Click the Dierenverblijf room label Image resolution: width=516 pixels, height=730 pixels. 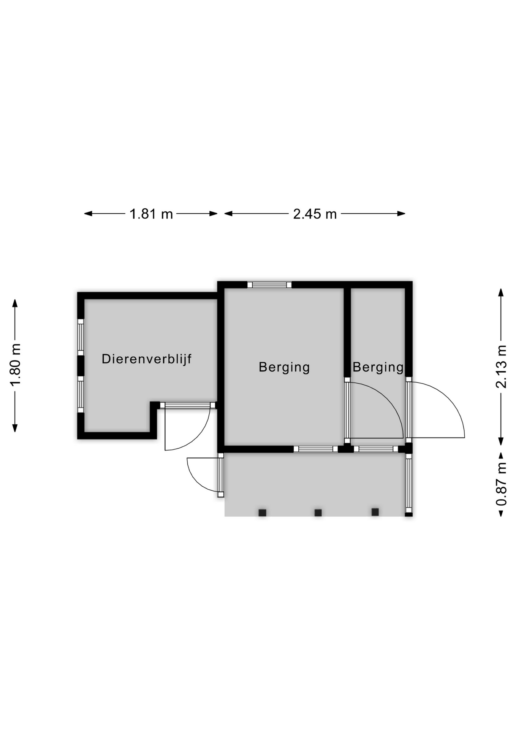pos(146,359)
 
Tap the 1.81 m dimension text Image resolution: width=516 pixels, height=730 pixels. pos(151,214)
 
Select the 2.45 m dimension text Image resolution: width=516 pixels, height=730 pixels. pos(315,214)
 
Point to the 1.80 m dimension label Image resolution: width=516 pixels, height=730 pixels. pos(16,364)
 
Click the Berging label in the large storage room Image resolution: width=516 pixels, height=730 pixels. pos(284,367)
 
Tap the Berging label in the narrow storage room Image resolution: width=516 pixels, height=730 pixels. pos(378,367)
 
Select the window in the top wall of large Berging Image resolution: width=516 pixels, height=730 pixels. pos(269,285)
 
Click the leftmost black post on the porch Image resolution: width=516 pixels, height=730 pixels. pos(262,513)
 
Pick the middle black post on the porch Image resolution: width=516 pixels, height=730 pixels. pos(318,513)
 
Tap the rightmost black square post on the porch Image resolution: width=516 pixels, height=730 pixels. pos(375,512)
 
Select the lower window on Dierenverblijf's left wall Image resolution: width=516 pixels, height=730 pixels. pos(81,394)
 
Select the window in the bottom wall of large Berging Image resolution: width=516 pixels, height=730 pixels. pos(316,449)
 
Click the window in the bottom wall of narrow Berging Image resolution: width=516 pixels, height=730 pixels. pos(376,449)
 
